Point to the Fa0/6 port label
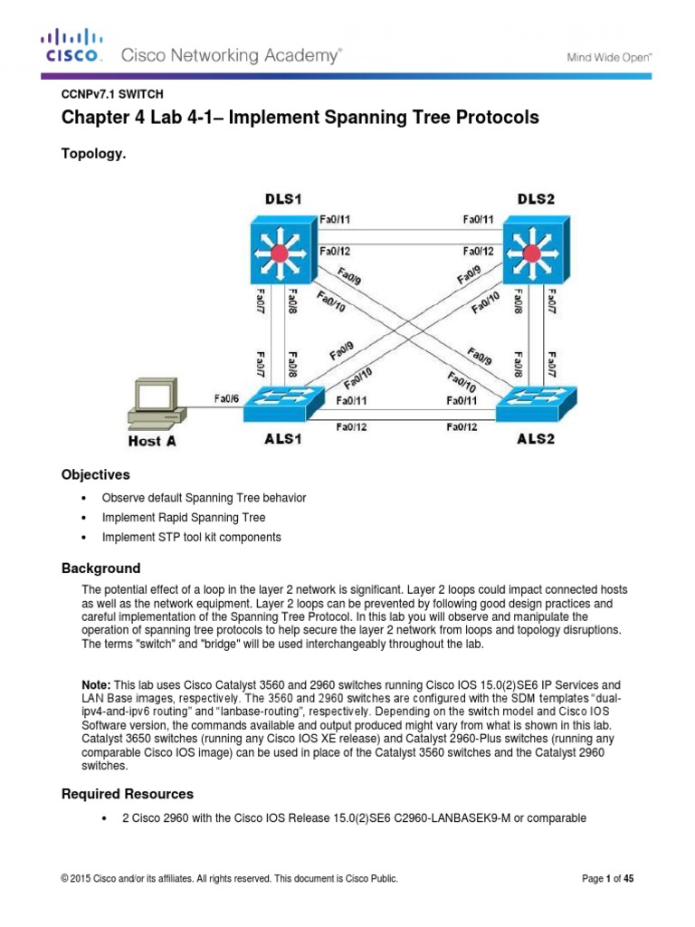coord(227,397)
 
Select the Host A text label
coord(151,442)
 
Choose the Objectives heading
coord(95,474)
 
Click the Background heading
coord(100,569)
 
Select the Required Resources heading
coord(127,794)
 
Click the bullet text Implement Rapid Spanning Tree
coord(184,518)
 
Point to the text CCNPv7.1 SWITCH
coord(111,93)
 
